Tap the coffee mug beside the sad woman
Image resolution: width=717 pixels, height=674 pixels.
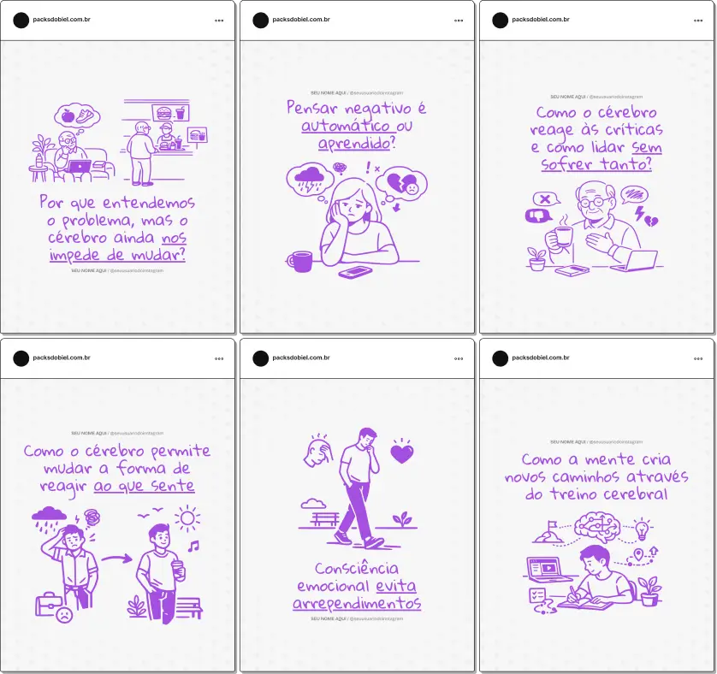(x=300, y=260)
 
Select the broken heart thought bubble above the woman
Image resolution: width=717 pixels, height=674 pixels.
(x=402, y=184)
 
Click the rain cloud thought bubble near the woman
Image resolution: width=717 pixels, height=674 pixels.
(x=310, y=180)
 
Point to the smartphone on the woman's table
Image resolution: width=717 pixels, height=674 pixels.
(x=355, y=272)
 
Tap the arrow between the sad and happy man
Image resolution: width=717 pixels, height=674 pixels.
(x=116, y=559)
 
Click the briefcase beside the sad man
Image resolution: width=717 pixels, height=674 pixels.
(x=48, y=603)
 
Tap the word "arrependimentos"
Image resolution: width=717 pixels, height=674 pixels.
(x=357, y=603)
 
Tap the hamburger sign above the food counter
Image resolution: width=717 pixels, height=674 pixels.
(x=163, y=111)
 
